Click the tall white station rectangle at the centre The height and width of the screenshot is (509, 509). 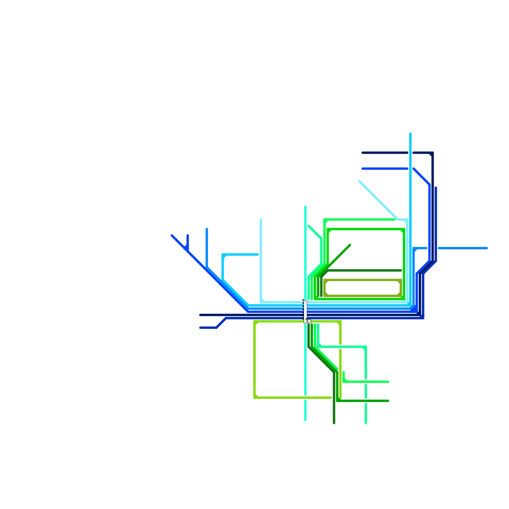pos(305,311)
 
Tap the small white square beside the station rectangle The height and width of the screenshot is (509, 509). pos(309,321)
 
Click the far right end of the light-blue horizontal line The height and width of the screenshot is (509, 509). pos(487,248)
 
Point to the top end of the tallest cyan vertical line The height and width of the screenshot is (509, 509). pos(410,133)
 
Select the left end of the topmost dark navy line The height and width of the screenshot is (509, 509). pos(362,153)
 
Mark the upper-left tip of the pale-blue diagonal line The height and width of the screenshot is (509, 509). pos(359,182)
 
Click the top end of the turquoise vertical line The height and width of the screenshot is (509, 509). pos(305,207)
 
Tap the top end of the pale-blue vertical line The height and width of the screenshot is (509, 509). pos(261,220)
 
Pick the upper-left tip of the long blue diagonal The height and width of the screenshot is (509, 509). pos(172,235)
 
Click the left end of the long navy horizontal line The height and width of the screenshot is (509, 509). pos(200,315)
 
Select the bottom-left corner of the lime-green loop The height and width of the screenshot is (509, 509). pos(255,397)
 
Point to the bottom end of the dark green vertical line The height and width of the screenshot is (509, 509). pos(334,423)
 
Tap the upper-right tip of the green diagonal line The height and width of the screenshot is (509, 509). pos(350,245)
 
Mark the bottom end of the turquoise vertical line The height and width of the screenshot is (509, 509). pos(305,420)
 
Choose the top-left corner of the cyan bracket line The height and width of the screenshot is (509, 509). pos(223,255)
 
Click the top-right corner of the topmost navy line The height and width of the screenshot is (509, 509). pos(432,153)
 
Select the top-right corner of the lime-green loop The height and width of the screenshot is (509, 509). pos(340,322)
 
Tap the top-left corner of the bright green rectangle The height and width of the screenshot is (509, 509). pos(328,229)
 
